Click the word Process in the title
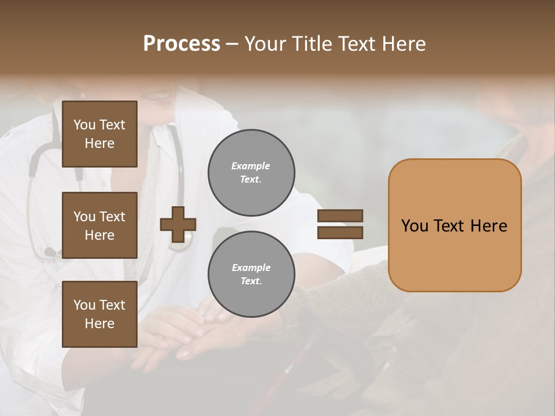point(182,44)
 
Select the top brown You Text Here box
point(99,134)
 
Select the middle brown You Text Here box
point(99,225)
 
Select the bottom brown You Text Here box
point(99,314)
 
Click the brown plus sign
point(178,224)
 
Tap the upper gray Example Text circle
point(251,172)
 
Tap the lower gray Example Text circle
point(251,274)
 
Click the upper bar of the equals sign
point(340,216)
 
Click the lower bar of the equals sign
point(340,232)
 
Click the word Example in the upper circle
point(251,166)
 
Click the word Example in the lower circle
point(251,268)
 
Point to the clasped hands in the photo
point(185,335)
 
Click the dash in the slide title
point(232,44)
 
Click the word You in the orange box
point(415,226)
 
